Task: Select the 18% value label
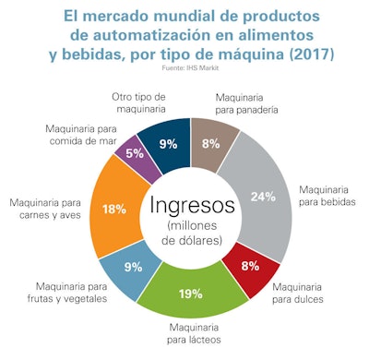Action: tap(114, 209)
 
